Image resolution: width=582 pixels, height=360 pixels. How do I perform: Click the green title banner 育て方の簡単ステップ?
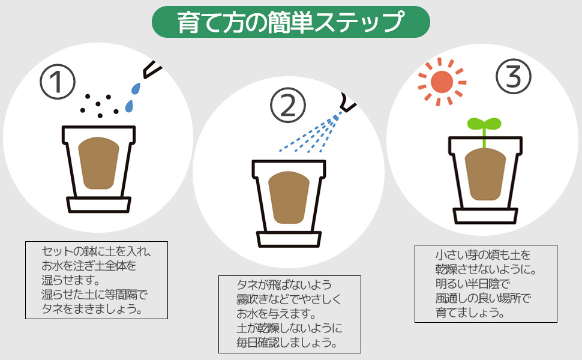click(290, 22)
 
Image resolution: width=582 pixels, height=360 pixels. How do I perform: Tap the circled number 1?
click(58, 82)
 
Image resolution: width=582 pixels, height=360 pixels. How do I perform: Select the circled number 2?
click(288, 106)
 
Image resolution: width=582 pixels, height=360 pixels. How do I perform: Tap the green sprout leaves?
click(484, 125)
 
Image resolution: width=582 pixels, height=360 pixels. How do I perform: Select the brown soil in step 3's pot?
click(485, 173)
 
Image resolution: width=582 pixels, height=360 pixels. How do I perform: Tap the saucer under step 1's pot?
click(99, 205)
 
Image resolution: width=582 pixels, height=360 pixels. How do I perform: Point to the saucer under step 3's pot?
click(485, 215)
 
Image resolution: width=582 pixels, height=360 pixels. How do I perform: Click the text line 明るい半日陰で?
click(472, 283)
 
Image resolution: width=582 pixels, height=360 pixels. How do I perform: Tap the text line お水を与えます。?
click(276, 314)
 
